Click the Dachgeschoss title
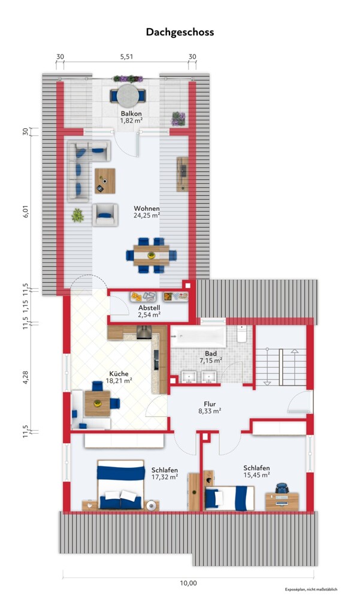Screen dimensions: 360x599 coord(180,32)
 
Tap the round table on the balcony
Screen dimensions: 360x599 coord(128,95)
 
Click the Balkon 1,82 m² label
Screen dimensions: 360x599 coord(131,117)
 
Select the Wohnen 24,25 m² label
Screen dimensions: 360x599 coord(147,211)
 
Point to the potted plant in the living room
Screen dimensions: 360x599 coord(78,216)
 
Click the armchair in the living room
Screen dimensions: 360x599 coord(105,215)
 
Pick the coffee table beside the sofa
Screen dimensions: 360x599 coord(105,181)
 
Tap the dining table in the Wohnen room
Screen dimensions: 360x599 coord(152,255)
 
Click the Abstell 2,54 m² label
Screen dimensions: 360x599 coord(149,311)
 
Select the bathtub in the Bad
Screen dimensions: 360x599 coord(198,336)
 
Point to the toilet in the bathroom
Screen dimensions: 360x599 coord(241,334)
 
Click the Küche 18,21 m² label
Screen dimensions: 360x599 coord(119,377)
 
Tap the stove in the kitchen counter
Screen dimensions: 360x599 coord(144,332)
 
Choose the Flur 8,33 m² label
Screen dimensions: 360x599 coord(210,407)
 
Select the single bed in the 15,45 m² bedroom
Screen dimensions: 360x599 coord(229,498)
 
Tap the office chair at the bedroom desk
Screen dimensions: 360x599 coord(282,488)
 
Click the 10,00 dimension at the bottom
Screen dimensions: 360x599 coord(189,583)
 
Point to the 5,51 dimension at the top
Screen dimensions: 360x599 coord(126,56)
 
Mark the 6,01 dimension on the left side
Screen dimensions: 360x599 coord(26,210)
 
